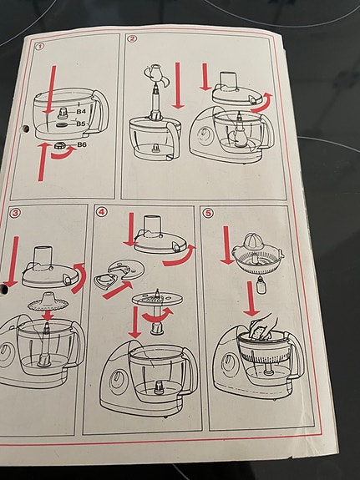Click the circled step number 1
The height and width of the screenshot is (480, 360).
(x=40, y=47)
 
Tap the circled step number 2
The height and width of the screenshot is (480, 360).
(x=132, y=39)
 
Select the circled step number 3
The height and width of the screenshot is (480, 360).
(x=14, y=212)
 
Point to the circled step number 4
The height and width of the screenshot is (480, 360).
(x=101, y=212)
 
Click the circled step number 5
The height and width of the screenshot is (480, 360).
(x=208, y=213)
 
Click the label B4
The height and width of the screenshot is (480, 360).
(x=81, y=112)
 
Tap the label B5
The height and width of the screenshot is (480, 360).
(x=81, y=124)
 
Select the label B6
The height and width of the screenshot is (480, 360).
(x=83, y=144)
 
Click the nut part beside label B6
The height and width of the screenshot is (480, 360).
(x=60, y=145)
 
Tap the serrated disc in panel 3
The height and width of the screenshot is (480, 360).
(x=48, y=302)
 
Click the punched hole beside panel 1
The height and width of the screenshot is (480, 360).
(x=26, y=129)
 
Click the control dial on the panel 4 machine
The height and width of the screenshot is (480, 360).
(x=117, y=381)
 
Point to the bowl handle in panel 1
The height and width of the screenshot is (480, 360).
(x=101, y=114)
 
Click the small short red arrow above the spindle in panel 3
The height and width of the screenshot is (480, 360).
(x=48, y=316)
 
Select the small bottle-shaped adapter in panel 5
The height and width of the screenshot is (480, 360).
(x=260, y=285)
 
